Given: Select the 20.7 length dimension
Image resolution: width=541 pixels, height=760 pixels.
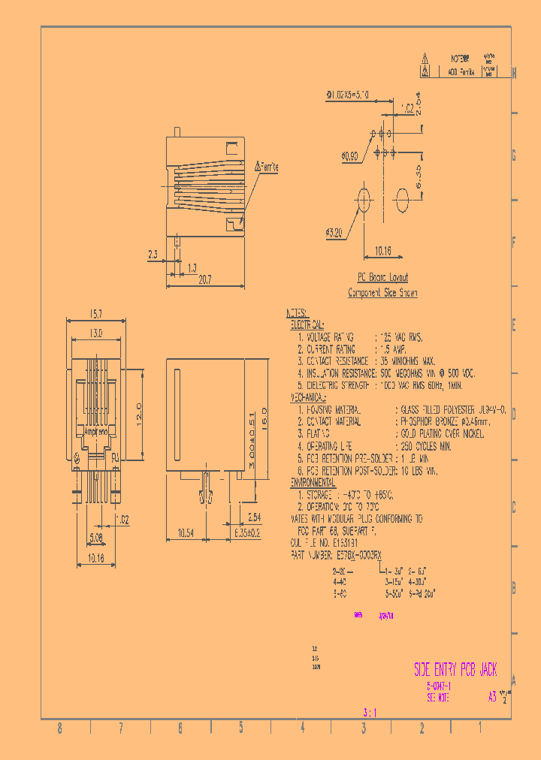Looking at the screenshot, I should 204,279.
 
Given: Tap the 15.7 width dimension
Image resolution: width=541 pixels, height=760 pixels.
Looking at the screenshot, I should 95,313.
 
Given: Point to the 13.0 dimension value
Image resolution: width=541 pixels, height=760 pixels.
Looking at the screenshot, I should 95,332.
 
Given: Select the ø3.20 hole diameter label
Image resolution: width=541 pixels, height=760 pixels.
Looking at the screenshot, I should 335,234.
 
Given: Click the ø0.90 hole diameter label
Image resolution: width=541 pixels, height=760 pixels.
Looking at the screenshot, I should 350,156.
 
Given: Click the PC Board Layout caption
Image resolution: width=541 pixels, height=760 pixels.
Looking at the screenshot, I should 382,277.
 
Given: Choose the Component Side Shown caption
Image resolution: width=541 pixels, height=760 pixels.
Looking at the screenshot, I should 382,293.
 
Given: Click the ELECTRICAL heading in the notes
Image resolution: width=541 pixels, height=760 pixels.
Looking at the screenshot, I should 307,326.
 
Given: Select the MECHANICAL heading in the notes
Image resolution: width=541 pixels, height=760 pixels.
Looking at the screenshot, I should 308,397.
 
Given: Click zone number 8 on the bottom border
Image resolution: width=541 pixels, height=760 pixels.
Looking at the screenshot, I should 60,728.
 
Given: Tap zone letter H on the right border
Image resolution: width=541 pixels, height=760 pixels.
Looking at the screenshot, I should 514,73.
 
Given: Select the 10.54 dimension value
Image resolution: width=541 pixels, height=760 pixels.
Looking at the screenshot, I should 186,532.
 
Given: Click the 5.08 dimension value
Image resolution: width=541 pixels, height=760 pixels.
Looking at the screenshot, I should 97,537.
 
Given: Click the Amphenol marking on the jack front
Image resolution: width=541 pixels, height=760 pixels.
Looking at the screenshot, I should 95,432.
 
